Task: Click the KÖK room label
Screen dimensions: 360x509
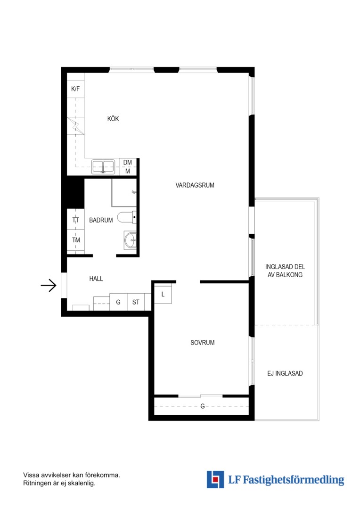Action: pyautogui.click(x=113, y=119)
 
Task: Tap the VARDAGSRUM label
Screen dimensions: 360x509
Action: pyautogui.click(x=195, y=185)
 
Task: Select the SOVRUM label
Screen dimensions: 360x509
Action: pyautogui.click(x=202, y=343)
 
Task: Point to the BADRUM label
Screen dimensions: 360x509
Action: pyautogui.click(x=101, y=220)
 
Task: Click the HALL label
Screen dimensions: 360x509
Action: pyautogui.click(x=96, y=279)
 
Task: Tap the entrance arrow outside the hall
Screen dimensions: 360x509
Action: pyautogui.click(x=49, y=285)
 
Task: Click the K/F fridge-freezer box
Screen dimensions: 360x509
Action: pyautogui.click(x=76, y=89)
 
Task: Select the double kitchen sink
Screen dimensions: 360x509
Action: pyautogui.click(x=103, y=167)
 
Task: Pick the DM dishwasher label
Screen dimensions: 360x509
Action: pyautogui.click(x=128, y=162)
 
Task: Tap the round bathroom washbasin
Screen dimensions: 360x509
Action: pyautogui.click(x=131, y=240)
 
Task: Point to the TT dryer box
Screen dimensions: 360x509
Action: pyautogui.click(x=76, y=220)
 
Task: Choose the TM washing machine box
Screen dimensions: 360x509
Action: pyautogui.click(x=76, y=240)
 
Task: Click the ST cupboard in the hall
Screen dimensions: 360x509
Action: pyautogui.click(x=136, y=302)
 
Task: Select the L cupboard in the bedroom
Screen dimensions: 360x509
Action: pyautogui.click(x=163, y=294)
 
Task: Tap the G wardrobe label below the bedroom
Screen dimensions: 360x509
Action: pyautogui.click(x=203, y=406)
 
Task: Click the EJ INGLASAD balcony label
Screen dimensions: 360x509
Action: pyautogui.click(x=285, y=373)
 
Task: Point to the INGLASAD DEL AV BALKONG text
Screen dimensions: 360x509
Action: pyautogui.click(x=285, y=271)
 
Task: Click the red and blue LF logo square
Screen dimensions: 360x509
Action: pyautogui.click(x=215, y=479)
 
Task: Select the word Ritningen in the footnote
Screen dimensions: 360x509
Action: pyautogui.click(x=36, y=484)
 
